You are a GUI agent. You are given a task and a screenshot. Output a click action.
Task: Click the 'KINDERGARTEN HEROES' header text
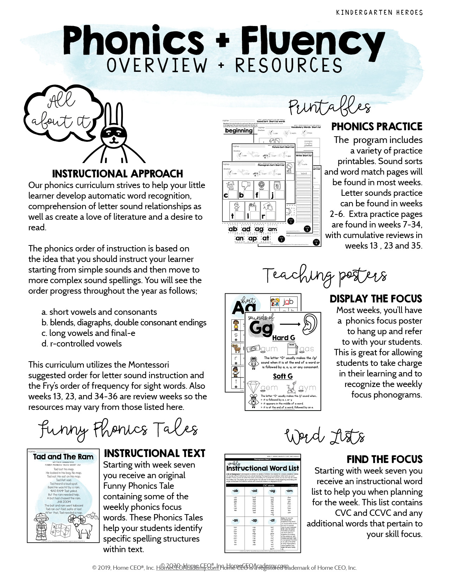coord(379,13)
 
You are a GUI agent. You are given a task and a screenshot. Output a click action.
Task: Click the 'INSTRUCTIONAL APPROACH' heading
coord(118,174)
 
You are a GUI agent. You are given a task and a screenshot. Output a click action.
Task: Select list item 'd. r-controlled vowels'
coord(82,344)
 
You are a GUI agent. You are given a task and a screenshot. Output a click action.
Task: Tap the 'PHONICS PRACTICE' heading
coord(377,127)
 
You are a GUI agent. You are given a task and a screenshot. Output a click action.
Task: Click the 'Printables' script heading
coord(329,107)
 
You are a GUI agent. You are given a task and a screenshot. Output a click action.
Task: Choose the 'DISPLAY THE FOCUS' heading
coord(376,299)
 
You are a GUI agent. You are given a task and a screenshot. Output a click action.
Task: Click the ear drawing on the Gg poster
coord(310,324)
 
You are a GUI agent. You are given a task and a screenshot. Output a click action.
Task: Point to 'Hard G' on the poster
coord(283,338)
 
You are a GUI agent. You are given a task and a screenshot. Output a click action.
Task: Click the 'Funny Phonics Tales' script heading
coord(118,429)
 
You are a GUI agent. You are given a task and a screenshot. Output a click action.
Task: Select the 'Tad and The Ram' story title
coord(63,457)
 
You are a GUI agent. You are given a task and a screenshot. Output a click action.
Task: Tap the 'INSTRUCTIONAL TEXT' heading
coord(155,454)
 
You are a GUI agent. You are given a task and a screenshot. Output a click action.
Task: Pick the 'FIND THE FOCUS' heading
coord(384,460)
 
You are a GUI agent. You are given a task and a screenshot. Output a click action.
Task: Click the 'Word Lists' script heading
coord(325,437)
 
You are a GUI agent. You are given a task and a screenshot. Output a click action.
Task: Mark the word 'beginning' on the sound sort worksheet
coord(239,131)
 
